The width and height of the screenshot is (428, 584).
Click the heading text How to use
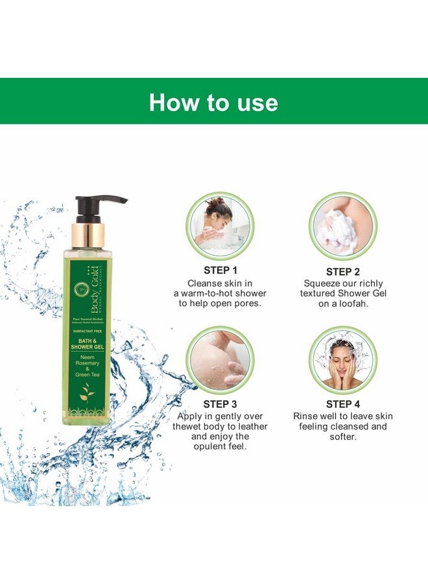pyautogui.click(x=213, y=102)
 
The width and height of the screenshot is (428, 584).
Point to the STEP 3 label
pyautogui.click(x=220, y=404)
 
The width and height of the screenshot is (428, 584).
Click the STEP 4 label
pyautogui.click(x=343, y=404)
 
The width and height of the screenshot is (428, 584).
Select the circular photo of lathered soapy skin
pyautogui.click(x=220, y=359)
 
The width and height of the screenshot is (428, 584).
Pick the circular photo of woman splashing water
pyautogui.click(x=342, y=359)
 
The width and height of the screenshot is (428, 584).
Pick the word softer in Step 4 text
pyautogui.click(x=343, y=437)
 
